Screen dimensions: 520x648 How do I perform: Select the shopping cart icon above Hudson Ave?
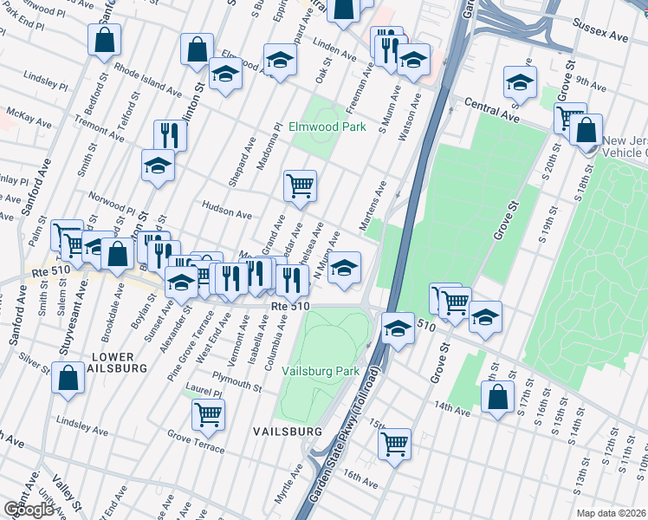[300, 185]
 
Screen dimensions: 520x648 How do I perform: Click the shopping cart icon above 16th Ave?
[394, 444]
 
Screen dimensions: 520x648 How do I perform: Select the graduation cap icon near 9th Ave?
[520, 81]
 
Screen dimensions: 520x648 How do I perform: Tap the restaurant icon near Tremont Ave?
[169, 134]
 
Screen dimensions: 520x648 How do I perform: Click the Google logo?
[29, 510]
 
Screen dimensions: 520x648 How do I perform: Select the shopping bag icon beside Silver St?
[68, 378]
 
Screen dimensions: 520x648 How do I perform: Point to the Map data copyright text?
[612, 513]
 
